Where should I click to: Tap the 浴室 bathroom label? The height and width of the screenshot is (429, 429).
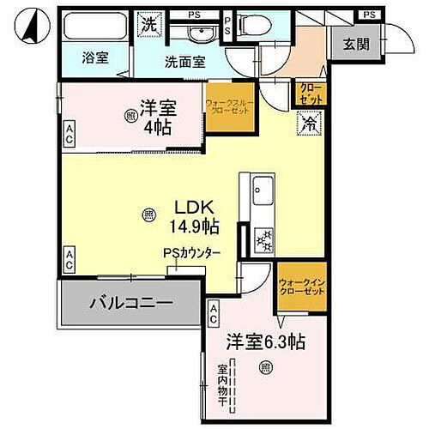94,62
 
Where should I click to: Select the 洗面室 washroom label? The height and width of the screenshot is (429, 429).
186,62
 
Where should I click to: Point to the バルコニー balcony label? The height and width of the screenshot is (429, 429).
131,304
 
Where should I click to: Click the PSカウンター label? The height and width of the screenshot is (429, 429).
193,253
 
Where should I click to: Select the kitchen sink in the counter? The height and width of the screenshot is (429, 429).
261,188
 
